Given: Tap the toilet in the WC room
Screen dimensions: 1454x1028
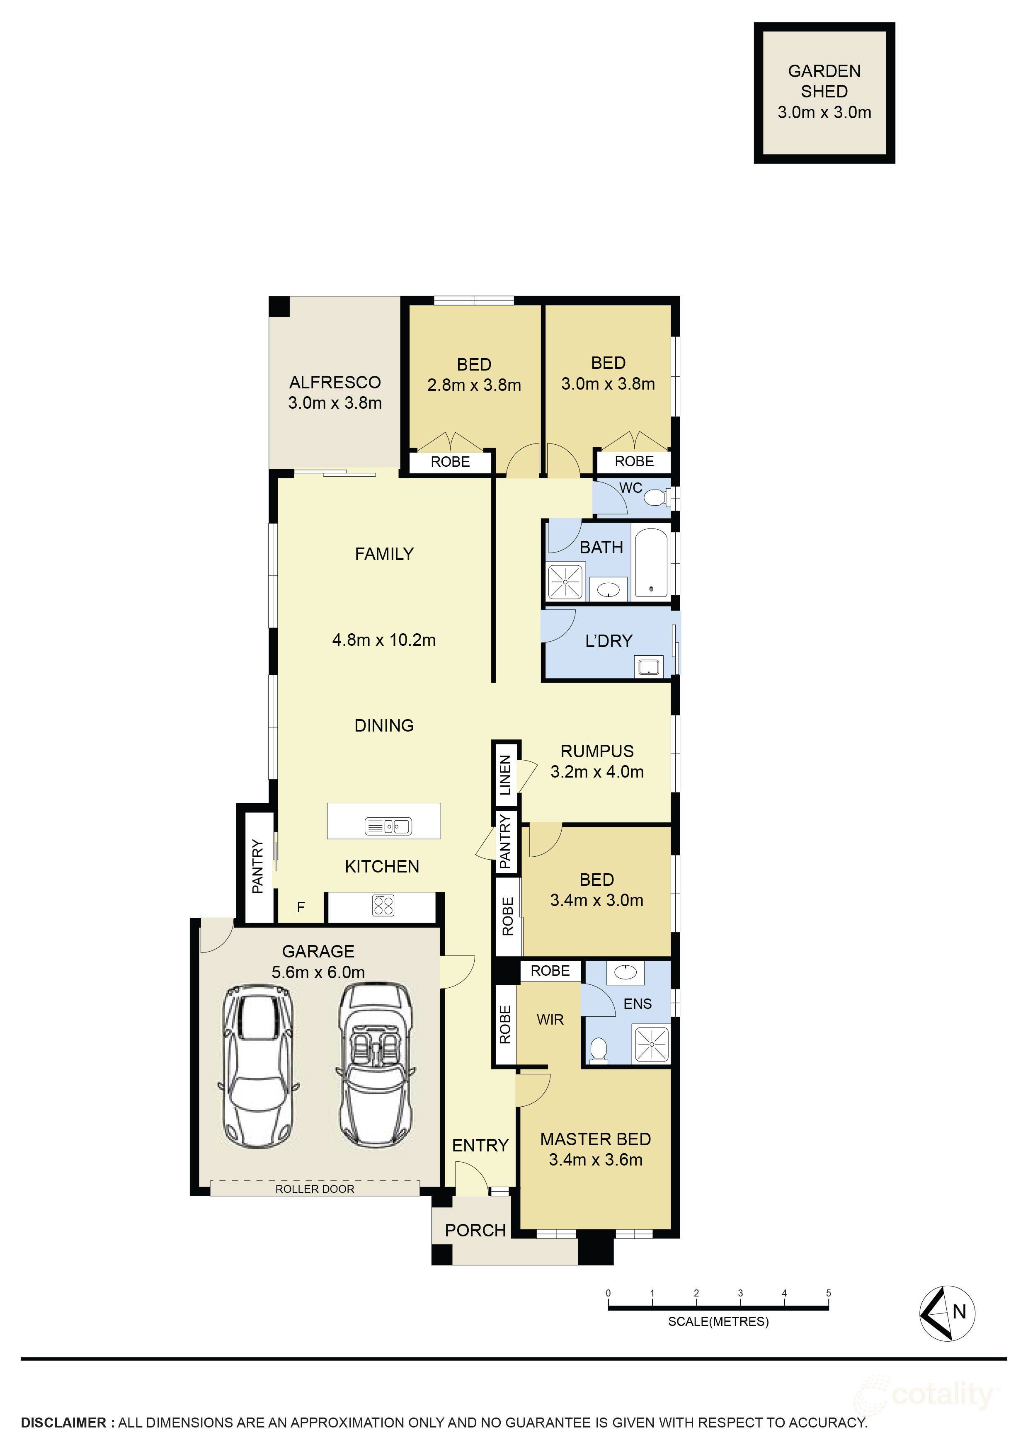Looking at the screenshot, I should (656, 498).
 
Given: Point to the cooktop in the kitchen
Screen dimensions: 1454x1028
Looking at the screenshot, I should (383, 906).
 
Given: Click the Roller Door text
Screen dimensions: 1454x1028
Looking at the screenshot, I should (314, 1189).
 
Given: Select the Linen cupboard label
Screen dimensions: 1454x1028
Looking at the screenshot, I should (505, 775).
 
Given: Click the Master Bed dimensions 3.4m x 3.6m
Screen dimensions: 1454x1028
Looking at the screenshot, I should (595, 1160).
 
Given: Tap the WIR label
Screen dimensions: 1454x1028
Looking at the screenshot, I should (550, 1020).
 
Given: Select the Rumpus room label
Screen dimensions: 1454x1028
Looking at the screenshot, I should (596, 751).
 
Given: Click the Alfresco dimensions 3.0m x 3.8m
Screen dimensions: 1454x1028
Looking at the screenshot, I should (335, 403).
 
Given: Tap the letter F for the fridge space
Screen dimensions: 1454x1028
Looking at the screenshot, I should (301, 907).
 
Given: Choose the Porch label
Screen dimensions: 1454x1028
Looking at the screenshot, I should (475, 1231).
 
